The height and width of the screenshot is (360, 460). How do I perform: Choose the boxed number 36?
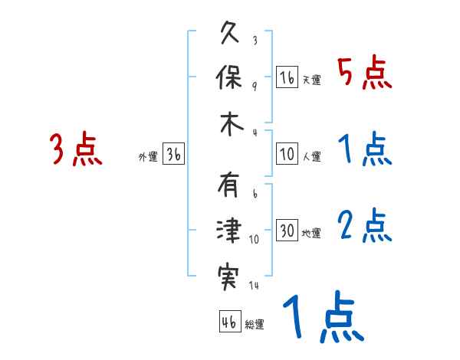[173, 155]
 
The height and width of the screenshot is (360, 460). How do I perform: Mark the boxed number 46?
[229, 322]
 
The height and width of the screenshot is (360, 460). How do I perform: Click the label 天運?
[312, 80]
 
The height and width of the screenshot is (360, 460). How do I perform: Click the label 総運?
[255, 324]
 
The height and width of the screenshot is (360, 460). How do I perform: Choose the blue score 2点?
[365, 227]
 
